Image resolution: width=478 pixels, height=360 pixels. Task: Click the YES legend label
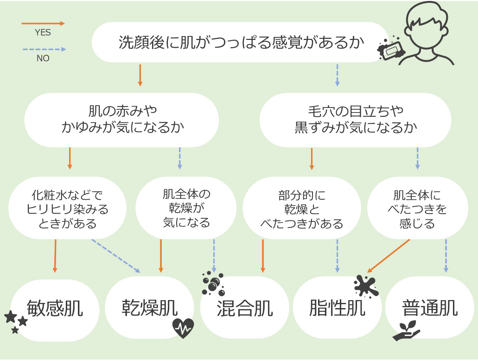pyautogui.click(x=43, y=32)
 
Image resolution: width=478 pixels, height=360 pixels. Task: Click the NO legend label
pyautogui.click(x=43, y=58)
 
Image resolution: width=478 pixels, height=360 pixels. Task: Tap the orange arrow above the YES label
pyautogui.click(x=43, y=24)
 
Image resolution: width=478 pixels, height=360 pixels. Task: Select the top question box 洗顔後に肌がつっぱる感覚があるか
pyautogui.click(x=241, y=42)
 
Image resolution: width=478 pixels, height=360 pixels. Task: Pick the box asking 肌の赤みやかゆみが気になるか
pyautogui.click(x=121, y=120)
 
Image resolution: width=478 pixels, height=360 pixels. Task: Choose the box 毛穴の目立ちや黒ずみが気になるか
pyautogui.click(x=355, y=120)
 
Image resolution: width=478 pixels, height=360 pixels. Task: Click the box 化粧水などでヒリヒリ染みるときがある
pyautogui.click(x=67, y=208)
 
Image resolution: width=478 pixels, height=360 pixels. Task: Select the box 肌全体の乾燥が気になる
pyautogui.click(x=186, y=208)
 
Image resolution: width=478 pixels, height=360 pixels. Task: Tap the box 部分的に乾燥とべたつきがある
pyautogui.click(x=302, y=208)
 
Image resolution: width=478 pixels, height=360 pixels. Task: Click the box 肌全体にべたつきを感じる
pyautogui.click(x=417, y=208)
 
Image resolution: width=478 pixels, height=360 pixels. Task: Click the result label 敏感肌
pyautogui.click(x=55, y=308)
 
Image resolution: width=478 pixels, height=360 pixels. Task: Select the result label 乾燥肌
pyautogui.click(x=150, y=308)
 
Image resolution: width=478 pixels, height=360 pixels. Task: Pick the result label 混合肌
pyautogui.click(x=245, y=308)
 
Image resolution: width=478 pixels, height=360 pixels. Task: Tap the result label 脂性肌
pyautogui.click(x=337, y=308)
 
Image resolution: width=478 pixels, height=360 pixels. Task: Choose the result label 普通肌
pyautogui.click(x=430, y=308)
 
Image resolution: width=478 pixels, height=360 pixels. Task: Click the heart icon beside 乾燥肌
pyautogui.click(x=183, y=328)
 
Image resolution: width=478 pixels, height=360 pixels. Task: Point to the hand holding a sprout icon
pyautogui.click(x=406, y=331)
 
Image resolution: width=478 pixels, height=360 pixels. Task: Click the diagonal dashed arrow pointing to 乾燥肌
pyautogui.click(x=116, y=256)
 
